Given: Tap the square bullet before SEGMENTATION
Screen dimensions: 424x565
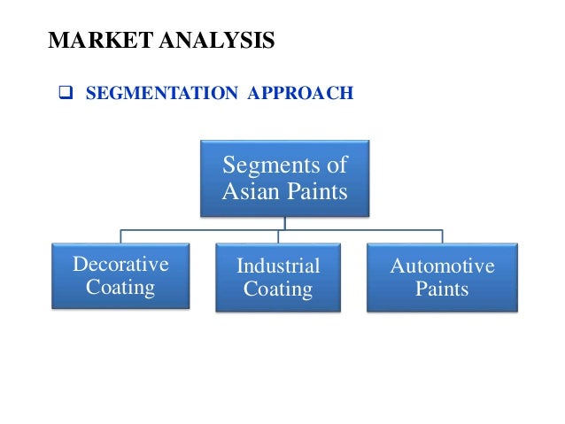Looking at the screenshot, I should (65, 91).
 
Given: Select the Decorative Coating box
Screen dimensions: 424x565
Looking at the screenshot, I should (120, 275).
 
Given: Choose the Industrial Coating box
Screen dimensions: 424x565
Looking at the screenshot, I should (277, 277).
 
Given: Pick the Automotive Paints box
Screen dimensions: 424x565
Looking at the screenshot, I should (442, 277).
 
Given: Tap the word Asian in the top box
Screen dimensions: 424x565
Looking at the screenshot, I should (252, 190).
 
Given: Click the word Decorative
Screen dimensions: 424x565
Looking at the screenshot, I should (120, 264).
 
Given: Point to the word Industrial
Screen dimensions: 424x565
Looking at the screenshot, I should (277, 266).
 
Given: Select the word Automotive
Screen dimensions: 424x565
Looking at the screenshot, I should (442, 266).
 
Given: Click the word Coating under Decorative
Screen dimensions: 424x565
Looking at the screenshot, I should (120, 287).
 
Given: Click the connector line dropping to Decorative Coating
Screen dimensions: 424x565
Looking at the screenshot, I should (121, 236).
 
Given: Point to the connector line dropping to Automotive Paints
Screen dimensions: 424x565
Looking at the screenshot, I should (442, 236).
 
